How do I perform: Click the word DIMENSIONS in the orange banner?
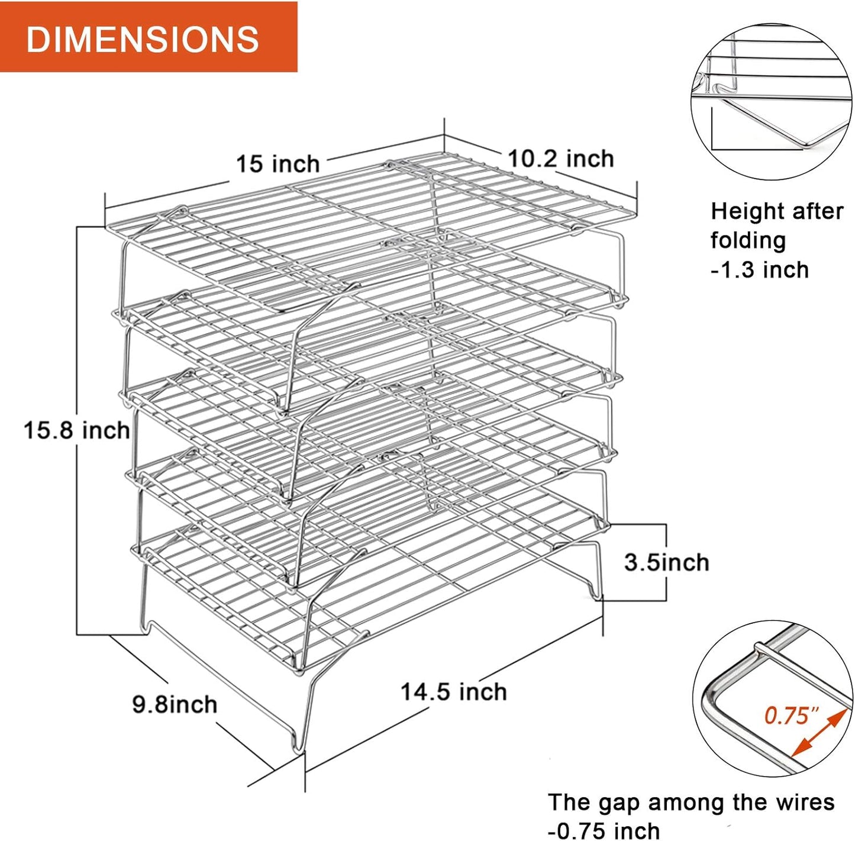click(x=143, y=39)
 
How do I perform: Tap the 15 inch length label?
click(x=278, y=163)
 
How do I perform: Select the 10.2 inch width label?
click(x=561, y=159)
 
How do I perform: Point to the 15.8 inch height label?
click(x=77, y=430)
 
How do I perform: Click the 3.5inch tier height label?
click(x=666, y=562)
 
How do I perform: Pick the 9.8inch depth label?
click(x=175, y=704)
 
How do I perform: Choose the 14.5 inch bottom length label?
click(x=454, y=691)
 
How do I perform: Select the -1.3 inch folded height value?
click(x=760, y=270)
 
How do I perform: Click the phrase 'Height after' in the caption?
click(x=777, y=211)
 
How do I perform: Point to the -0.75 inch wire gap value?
click(x=604, y=830)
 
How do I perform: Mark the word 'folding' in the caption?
click(x=748, y=241)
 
